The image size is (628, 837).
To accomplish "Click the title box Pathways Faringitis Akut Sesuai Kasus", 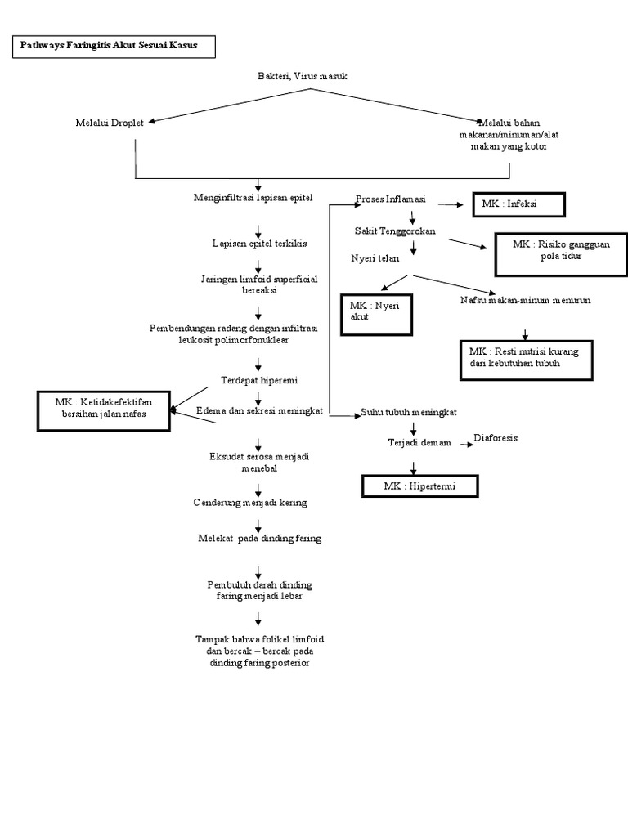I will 115,47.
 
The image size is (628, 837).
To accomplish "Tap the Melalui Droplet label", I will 109,123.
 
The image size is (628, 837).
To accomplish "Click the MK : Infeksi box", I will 518,204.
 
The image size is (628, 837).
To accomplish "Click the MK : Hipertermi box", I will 419,486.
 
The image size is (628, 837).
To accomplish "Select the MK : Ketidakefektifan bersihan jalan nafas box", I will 105,410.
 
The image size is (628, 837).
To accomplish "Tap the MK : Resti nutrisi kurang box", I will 526,357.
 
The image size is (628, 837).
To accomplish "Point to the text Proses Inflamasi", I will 390,200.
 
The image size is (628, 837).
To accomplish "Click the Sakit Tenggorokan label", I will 395,231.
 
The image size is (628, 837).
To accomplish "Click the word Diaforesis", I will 496,438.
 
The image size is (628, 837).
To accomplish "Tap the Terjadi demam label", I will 419,442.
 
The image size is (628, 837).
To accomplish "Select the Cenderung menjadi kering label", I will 250,503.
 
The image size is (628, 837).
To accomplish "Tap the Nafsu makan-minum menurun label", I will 525,300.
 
